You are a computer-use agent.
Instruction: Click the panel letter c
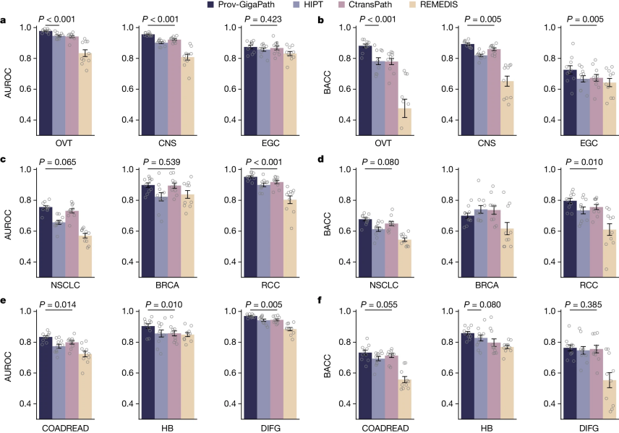click(5, 160)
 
